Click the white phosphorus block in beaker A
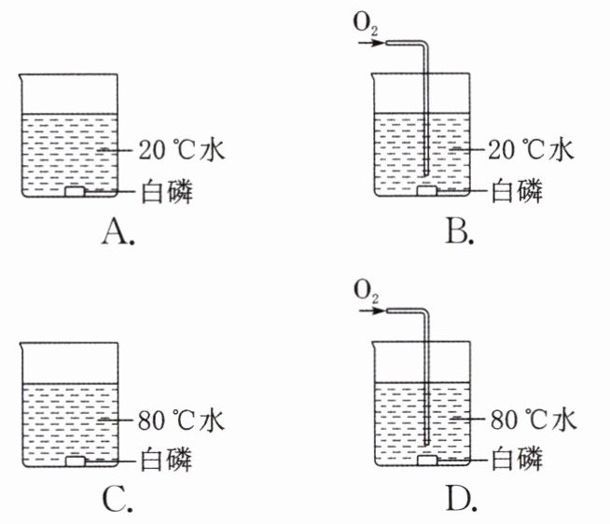point(75,191)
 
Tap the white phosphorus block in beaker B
point(427,190)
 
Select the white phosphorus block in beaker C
point(75,462)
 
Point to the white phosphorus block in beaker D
point(427,461)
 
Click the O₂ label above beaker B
point(366,24)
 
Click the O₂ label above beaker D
point(366,293)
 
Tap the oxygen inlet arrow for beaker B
point(371,43)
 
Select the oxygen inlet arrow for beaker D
point(372,310)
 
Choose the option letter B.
point(460,231)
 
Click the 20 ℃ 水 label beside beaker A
point(182,150)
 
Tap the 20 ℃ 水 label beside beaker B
point(531,150)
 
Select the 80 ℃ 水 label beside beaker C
point(181,421)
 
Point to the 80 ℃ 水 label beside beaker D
point(533,420)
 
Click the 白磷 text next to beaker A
point(167,191)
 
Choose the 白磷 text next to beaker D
point(517,461)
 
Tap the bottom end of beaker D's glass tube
point(426,444)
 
